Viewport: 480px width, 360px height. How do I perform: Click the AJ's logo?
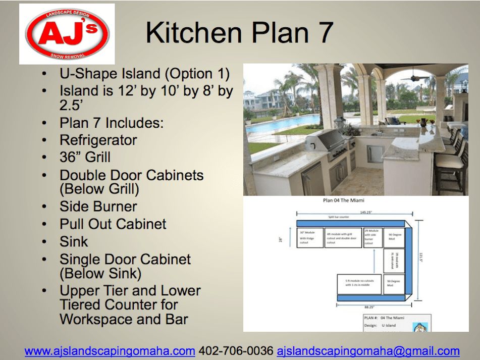[67, 33]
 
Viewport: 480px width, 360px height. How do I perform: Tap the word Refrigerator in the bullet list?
[98, 140]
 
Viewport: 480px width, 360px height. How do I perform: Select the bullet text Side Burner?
[98, 207]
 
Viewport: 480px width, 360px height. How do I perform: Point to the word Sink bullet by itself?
[74, 241]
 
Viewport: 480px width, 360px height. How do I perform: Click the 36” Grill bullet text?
[85, 157]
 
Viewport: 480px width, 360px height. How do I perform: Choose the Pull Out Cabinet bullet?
[113, 224]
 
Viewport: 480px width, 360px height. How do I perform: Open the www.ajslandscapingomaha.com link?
[110, 350]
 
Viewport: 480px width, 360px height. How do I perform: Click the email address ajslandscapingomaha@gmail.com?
[368, 350]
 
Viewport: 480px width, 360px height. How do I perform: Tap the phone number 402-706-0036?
[236, 350]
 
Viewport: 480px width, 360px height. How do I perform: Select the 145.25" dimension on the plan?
[352, 212]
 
